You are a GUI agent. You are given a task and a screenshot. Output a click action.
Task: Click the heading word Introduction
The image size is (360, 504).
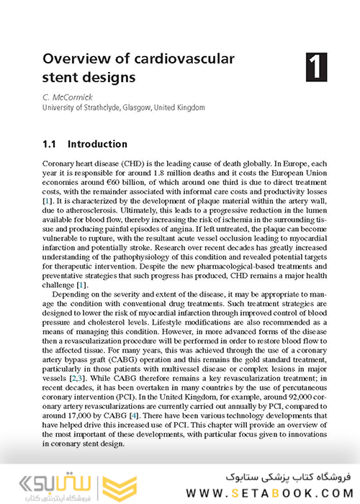coord(97,144)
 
